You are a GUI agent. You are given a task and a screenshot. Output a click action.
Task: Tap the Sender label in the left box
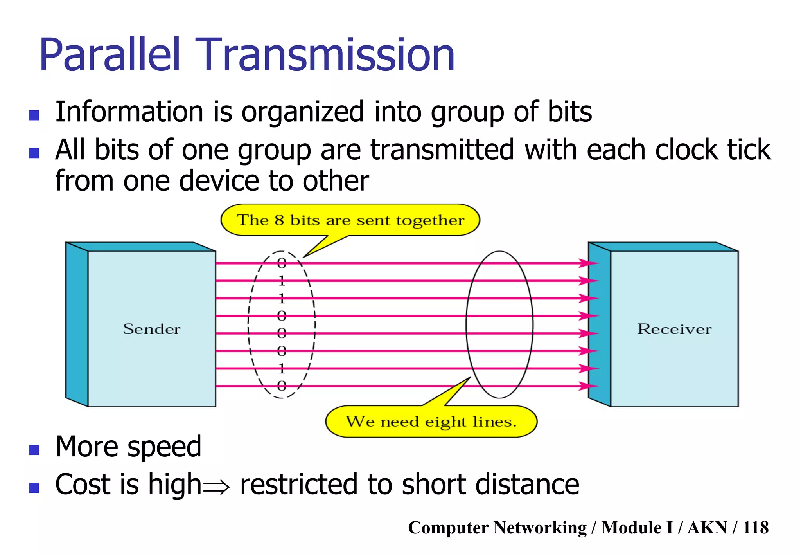point(152,329)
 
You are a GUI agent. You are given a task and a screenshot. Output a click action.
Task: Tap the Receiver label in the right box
point(674,329)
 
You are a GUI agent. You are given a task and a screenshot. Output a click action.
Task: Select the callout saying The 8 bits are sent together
point(350,220)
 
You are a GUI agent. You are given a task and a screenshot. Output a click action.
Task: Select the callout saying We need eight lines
point(431,422)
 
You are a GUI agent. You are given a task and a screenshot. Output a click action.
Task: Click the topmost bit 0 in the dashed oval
point(282,263)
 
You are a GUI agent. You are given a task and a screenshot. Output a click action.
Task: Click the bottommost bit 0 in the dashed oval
point(282,386)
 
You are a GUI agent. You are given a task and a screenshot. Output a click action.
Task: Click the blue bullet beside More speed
point(34,450)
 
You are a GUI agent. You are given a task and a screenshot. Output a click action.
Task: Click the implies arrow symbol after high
point(216,487)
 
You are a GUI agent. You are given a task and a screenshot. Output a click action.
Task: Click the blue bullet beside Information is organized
point(34,115)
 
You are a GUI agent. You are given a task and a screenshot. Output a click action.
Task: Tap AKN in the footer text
point(707,528)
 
